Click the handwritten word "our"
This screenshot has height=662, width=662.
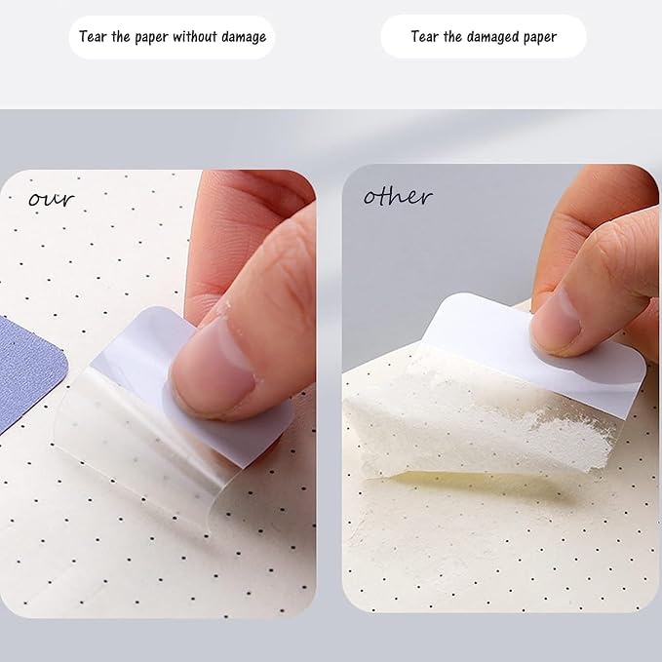pos(52,199)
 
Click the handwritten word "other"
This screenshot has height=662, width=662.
pos(398,196)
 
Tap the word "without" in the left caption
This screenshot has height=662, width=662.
pos(194,37)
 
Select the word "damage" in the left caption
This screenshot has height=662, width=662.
pos(244,38)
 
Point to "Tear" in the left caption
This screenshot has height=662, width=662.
pos(93,37)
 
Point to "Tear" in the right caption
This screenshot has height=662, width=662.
pos(425,37)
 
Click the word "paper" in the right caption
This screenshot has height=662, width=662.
pos(540,38)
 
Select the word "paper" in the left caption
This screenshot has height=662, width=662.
pos(151,38)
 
